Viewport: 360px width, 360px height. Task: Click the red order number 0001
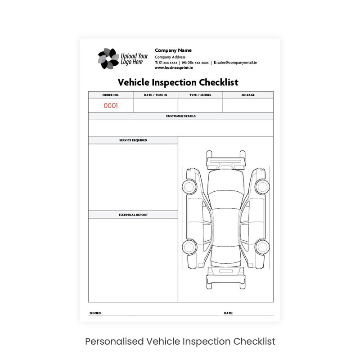click(x=111, y=106)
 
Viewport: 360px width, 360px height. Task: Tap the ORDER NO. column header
click(x=111, y=95)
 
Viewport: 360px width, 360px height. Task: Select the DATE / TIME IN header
click(x=155, y=95)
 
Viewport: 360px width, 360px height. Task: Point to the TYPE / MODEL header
click(x=200, y=95)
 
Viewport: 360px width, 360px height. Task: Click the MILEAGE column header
click(x=248, y=95)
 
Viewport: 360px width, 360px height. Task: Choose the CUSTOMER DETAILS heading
click(x=181, y=116)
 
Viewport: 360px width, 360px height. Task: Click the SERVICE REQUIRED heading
click(x=133, y=140)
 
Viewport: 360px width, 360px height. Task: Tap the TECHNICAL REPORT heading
click(x=133, y=215)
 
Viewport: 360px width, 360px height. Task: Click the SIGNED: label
click(x=95, y=313)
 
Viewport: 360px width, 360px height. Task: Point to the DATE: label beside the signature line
click(x=228, y=313)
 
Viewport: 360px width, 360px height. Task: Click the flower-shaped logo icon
click(x=108, y=58)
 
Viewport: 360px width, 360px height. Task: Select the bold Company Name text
click(x=173, y=50)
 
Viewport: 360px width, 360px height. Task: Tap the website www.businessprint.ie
click(x=174, y=68)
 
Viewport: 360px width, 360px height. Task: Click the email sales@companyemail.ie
click(x=237, y=63)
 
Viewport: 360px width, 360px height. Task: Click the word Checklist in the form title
click(x=219, y=82)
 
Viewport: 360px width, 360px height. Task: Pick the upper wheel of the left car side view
click(x=189, y=187)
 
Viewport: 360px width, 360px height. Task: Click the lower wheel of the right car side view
click(x=262, y=247)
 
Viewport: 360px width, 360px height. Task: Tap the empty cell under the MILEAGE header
click(x=248, y=105)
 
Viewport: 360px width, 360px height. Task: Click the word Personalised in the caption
click(x=114, y=342)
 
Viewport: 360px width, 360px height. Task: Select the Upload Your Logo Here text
click(x=134, y=59)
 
